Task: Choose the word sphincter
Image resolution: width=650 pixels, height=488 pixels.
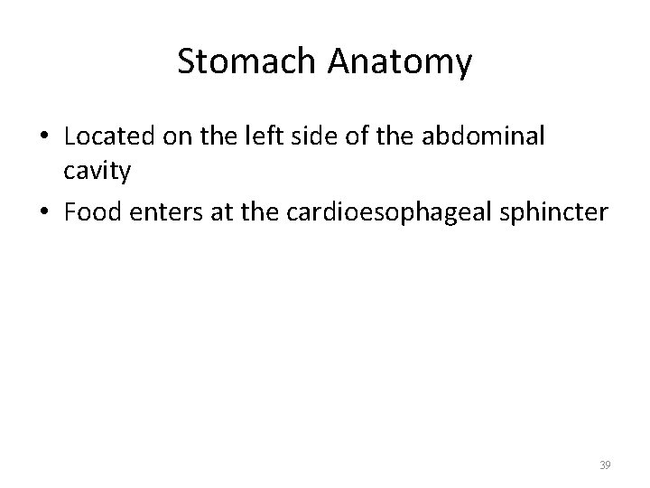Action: pyautogui.click(x=557, y=212)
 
